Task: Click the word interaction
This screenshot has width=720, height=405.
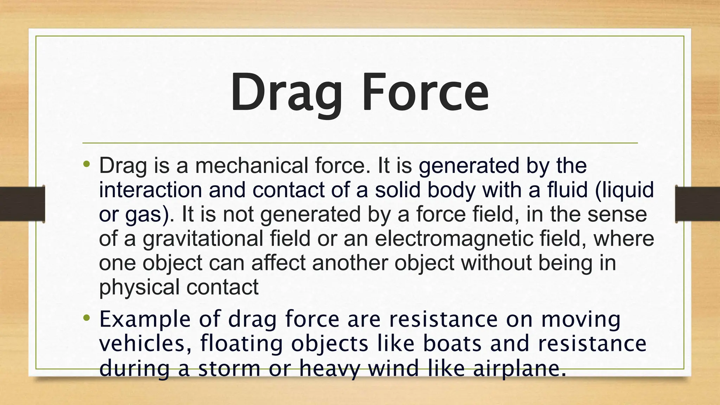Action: coord(150,190)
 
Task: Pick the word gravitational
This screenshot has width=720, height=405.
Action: coord(203,238)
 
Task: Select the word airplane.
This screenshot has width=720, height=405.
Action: coord(519,368)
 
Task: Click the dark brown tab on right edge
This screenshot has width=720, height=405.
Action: coord(698,204)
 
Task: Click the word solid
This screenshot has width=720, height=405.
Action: coord(398,190)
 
